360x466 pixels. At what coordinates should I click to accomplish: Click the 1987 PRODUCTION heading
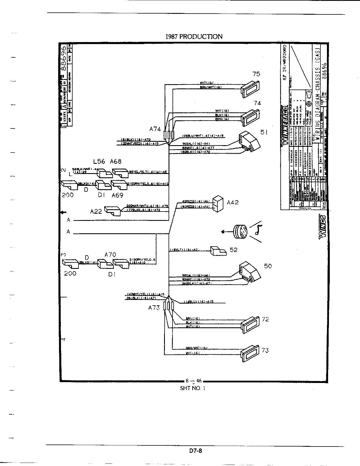click(x=194, y=36)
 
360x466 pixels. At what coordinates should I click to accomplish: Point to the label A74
click(x=155, y=129)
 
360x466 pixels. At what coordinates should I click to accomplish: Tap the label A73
click(x=154, y=308)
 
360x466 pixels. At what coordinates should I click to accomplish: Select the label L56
click(x=99, y=161)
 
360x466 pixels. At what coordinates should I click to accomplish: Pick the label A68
click(x=115, y=161)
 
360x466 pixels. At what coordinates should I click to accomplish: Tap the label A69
click(x=117, y=195)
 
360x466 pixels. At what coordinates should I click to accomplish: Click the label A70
click(x=110, y=254)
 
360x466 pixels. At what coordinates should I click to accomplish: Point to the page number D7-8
click(x=195, y=451)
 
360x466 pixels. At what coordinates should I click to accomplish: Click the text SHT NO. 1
click(x=193, y=388)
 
